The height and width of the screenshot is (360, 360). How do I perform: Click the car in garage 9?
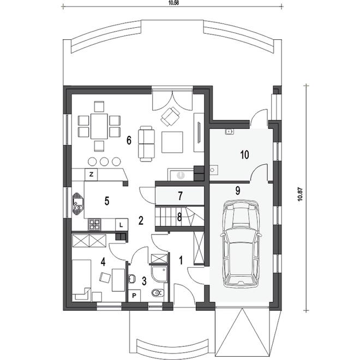(241, 244)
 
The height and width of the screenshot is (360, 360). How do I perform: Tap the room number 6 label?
(129, 140)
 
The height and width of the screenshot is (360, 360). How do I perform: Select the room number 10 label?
(244, 155)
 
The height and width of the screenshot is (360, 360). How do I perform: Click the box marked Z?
(92, 175)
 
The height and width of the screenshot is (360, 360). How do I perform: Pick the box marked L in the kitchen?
(121, 225)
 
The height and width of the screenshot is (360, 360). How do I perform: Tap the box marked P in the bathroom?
(134, 296)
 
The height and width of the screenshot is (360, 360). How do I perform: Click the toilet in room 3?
(158, 293)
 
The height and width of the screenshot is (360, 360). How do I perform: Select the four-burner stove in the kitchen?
(94, 225)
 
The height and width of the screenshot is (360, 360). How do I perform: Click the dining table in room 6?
(99, 126)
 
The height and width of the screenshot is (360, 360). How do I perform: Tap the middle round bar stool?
(104, 161)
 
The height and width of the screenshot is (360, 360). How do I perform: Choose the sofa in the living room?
(146, 143)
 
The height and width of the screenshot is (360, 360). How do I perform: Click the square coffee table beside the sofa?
(172, 142)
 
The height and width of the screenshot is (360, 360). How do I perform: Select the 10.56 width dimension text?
(173, 3)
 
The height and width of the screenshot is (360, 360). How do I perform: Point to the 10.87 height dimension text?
(300, 194)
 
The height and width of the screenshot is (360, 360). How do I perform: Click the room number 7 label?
(180, 196)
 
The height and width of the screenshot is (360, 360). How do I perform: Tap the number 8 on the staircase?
(179, 217)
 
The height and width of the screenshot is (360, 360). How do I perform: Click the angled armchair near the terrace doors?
(170, 117)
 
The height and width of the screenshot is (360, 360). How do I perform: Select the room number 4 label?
(103, 262)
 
